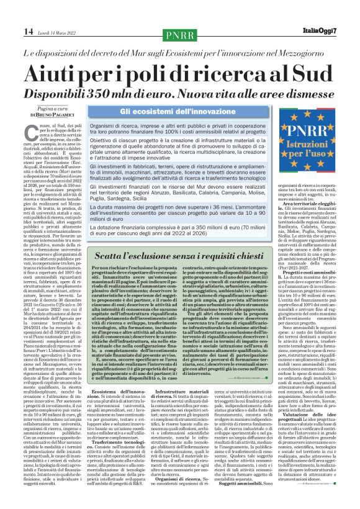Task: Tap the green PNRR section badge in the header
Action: (181, 32)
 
